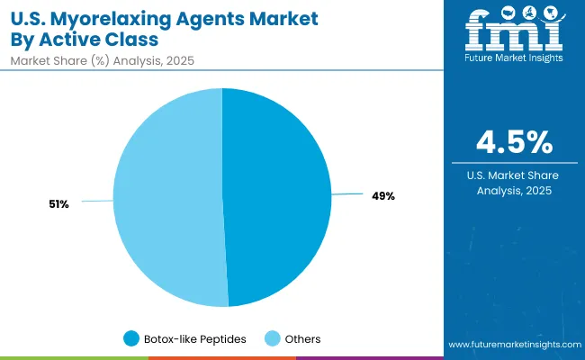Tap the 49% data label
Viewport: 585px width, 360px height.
[382, 196]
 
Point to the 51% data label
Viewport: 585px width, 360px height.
[59, 204]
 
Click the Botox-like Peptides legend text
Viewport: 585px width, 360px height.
[196, 338]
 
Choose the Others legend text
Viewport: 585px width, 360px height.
[302, 338]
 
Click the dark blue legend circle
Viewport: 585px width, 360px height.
[131, 338]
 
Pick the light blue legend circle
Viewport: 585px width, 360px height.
[272, 338]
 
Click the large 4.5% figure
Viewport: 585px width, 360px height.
[515, 143]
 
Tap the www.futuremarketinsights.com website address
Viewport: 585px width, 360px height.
[514, 345]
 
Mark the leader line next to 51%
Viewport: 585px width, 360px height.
[97, 202]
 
